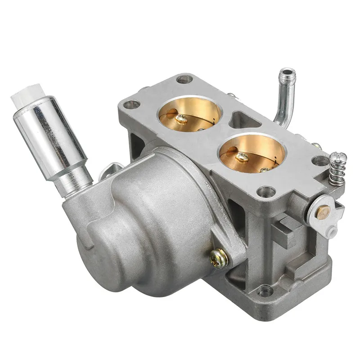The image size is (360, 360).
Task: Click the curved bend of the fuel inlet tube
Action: (280, 119)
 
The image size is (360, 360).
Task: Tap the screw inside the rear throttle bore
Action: (181, 119)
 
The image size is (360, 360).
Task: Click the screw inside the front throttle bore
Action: (241, 157)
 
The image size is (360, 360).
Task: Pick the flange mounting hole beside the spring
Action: (321, 161)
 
